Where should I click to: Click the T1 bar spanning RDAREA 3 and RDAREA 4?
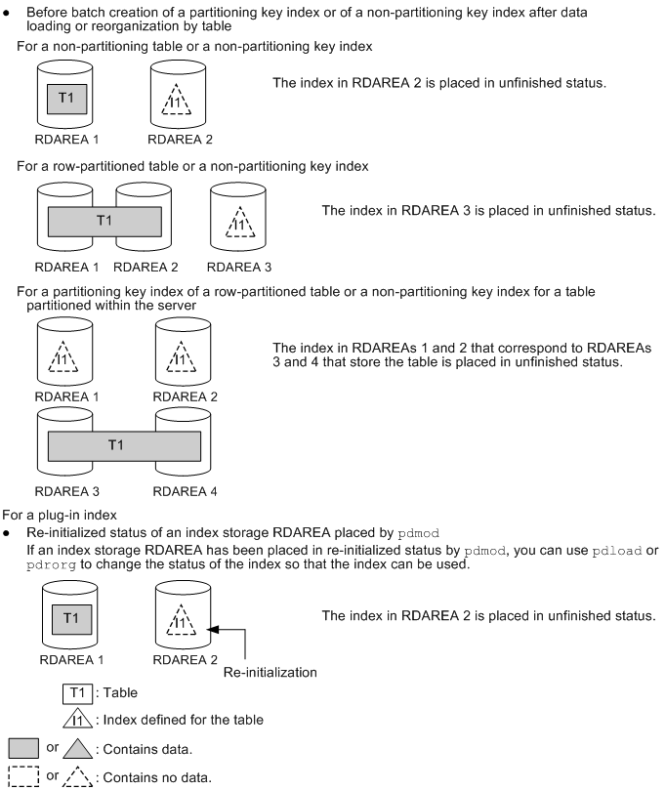click(124, 445)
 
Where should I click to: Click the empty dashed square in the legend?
click(21, 775)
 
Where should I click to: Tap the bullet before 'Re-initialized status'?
click(9, 533)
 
